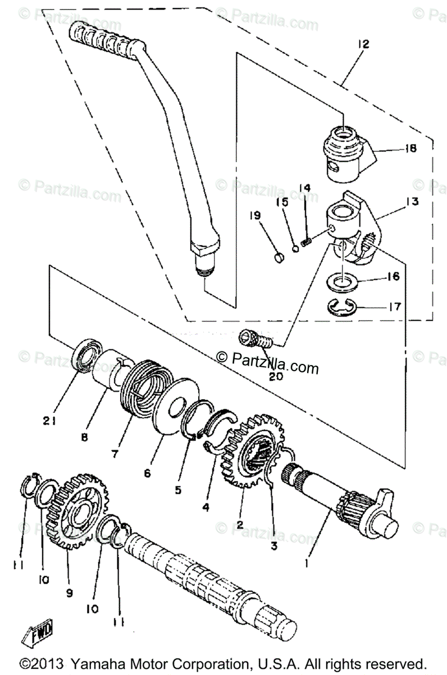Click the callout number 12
coord(362,44)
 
